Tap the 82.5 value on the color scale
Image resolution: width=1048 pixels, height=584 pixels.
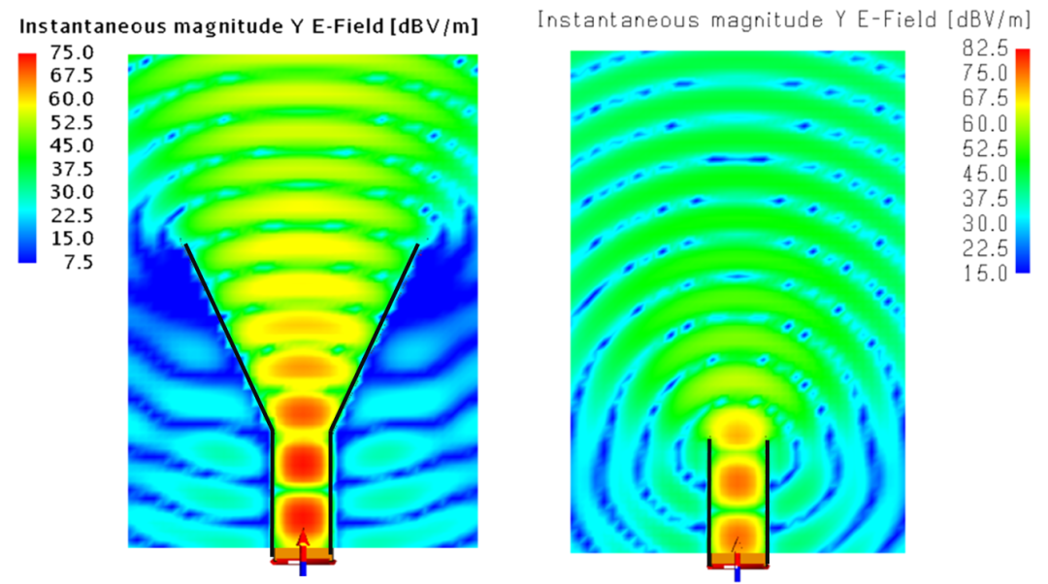(985, 49)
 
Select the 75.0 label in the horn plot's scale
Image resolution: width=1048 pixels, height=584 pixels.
(72, 52)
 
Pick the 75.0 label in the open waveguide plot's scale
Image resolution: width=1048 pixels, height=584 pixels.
(985, 73)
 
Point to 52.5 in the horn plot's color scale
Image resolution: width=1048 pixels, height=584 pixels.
(72, 122)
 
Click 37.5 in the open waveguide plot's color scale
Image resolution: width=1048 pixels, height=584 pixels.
(985, 199)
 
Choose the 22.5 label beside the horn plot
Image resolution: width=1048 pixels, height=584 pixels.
(72, 215)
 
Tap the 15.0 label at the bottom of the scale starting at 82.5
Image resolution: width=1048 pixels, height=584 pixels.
(985, 274)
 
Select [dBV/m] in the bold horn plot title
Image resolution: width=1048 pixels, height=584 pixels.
(435, 27)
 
